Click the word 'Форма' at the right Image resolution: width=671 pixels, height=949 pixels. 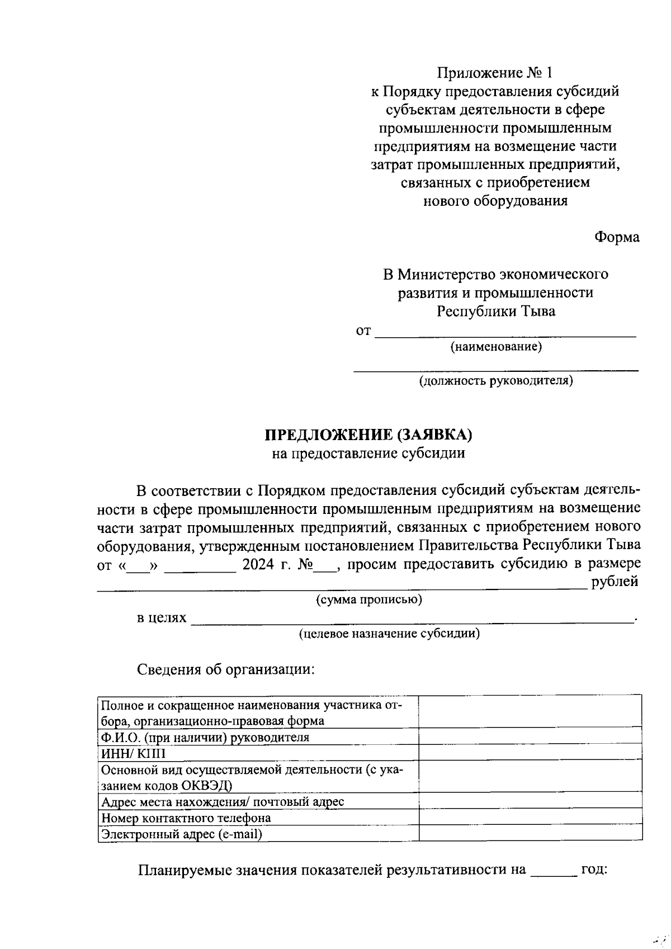[x=616, y=237]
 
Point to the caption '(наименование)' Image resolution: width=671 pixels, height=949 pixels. [x=496, y=347]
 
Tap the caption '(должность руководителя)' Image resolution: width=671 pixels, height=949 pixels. [x=496, y=381]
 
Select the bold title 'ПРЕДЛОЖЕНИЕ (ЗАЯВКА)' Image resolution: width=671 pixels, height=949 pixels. [x=368, y=435]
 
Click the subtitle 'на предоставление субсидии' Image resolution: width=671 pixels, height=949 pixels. [x=368, y=453]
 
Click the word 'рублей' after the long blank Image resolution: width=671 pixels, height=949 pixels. [x=615, y=582]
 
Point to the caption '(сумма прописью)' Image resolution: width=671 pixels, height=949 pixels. [x=368, y=600]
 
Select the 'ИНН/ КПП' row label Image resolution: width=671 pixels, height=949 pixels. [x=134, y=753]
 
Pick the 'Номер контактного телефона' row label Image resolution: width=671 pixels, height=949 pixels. [x=186, y=818]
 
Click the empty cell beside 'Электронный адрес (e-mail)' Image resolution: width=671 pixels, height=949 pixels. [x=530, y=834]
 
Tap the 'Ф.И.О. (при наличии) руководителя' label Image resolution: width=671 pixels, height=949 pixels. [x=205, y=736]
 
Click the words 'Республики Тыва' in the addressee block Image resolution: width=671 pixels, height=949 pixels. [x=496, y=311]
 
